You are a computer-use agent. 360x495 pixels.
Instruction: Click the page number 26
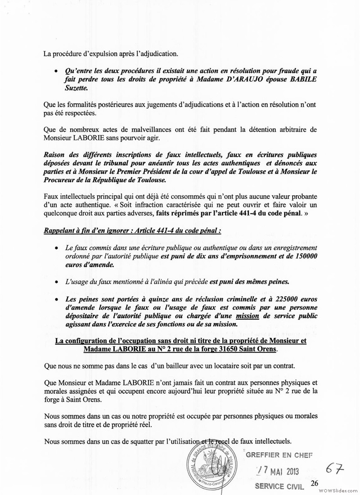pos(314,483)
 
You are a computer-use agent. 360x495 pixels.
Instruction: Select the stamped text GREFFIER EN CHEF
pos(279,454)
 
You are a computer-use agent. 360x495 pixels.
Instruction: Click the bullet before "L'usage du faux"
pos(55,282)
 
